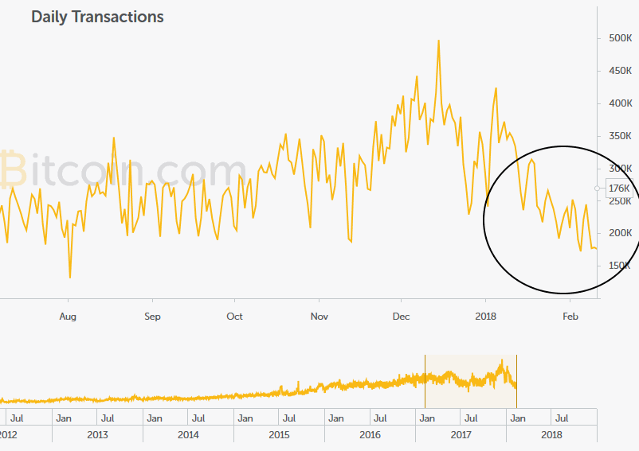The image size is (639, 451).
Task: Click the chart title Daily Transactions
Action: [97, 17]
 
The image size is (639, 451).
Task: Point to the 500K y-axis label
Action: [620, 38]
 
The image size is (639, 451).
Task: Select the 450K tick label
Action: [620, 71]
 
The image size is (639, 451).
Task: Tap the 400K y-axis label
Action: [620, 103]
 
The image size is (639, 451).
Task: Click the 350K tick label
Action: [620, 136]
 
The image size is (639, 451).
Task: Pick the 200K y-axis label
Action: [620, 233]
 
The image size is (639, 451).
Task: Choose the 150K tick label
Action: [620, 266]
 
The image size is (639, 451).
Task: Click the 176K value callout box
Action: [619, 189]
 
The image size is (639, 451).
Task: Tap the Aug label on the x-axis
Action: [68, 317]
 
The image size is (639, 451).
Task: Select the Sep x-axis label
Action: [152, 317]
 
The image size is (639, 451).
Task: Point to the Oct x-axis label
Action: [234, 317]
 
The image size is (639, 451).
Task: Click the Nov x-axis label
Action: [319, 317]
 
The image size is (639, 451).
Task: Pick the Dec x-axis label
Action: [401, 317]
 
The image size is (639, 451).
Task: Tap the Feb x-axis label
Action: [570, 317]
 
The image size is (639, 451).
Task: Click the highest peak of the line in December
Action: [438, 40]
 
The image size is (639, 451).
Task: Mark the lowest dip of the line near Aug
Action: [70, 277]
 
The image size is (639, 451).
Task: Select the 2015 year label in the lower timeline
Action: [279, 435]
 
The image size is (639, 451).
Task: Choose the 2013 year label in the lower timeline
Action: [97, 435]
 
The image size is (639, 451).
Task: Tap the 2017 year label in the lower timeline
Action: [461, 435]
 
